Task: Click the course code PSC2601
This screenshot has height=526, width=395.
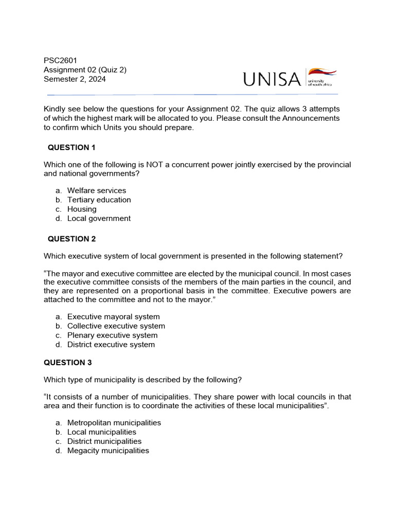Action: (60, 61)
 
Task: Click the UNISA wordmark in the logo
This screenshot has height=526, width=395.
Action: (272, 79)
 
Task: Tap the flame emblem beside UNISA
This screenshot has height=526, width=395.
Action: (322, 73)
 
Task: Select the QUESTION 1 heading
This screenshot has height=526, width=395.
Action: (71, 147)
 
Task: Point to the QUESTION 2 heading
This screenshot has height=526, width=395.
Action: (71, 239)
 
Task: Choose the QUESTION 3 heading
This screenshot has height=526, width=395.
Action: (67, 363)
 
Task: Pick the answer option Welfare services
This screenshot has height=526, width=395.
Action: (96, 191)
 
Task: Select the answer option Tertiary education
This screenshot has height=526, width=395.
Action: (99, 200)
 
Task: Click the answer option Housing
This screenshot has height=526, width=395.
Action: (82, 209)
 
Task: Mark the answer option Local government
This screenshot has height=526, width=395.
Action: (99, 218)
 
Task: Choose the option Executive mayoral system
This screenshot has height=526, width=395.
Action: (113, 317)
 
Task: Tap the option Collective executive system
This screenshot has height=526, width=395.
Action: (116, 326)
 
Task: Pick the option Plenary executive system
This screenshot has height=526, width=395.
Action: (112, 335)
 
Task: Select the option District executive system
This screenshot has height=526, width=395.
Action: (111, 345)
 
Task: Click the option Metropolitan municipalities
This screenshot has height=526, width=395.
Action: (114, 423)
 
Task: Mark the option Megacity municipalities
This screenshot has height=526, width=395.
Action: (108, 450)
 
